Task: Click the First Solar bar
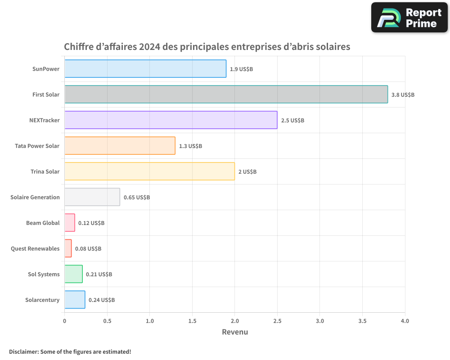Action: (226, 94)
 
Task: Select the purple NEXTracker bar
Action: (171, 120)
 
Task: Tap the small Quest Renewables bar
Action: (68, 248)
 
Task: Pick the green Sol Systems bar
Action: (73, 274)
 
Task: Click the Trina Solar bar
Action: (149, 171)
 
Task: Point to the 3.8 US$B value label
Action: (403, 95)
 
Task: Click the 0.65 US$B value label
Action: (137, 198)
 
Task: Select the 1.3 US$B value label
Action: (190, 146)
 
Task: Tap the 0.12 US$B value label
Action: (91, 223)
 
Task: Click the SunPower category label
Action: (45, 69)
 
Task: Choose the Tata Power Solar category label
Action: (37, 146)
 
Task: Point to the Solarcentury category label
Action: (42, 300)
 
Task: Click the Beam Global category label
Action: (43, 223)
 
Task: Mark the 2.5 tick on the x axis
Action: (277, 321)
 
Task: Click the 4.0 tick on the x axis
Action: (405, 321)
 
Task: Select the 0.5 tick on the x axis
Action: (107, 321)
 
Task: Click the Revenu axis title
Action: (235, 332)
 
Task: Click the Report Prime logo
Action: (409, 18)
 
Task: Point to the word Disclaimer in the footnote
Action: (23, 351)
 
